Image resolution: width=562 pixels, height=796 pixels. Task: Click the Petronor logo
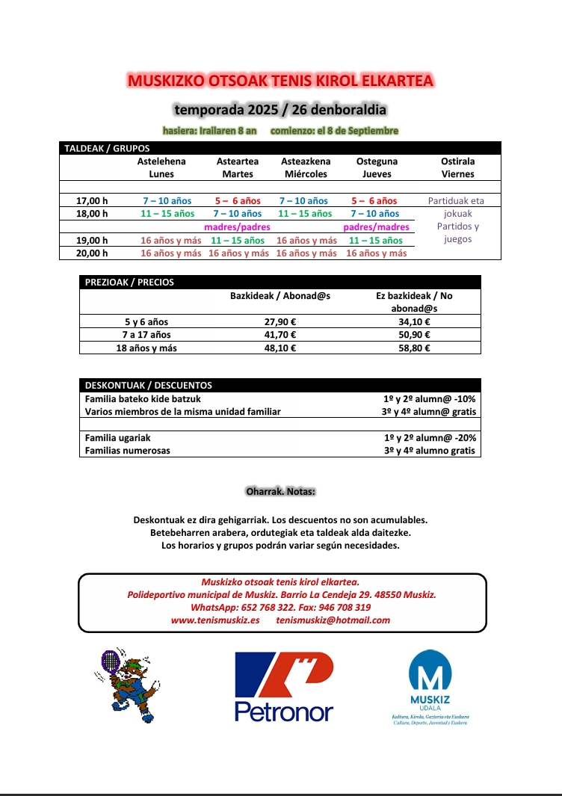pyautogui.click(x=284, y=686)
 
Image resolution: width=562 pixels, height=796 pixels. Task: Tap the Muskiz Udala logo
pyautogui.click(x=430, y=684)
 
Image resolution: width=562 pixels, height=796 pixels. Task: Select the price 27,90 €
pyautogui.click(x=280, y=322)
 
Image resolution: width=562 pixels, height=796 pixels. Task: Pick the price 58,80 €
pyautogui.click(x=414, y=348)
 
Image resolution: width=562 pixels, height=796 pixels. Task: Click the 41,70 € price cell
pyautogui.click(x=280, y=335)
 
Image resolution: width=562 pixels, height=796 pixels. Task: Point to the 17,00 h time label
pyautogui.click(x=93, y=201)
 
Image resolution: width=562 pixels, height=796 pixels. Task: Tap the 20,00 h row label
pyautogui.click(x=93, y=253)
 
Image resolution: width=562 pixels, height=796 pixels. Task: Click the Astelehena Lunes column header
pyautogui.click(x=161, y=167)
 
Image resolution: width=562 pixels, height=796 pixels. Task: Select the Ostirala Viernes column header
pyautogui.click(x=458, y=167)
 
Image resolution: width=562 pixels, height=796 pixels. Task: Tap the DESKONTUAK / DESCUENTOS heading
pyautogui.click(x=148, y=386)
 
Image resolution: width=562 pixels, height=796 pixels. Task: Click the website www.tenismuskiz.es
pyautogui.click(x=215, y=620)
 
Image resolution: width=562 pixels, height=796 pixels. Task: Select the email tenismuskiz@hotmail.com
pyautogui.click(x=333, y=620)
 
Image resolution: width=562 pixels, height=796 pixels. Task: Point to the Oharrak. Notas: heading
pyautogui.click(x=281, y=492)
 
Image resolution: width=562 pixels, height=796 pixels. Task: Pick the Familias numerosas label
pyautogui.click(x=128, y=451)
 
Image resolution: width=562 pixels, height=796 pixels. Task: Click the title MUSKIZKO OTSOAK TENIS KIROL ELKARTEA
pyautogui.click(x=280, y=81)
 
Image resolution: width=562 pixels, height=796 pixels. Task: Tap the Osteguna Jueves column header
pyautogui.click(x=377, y=167)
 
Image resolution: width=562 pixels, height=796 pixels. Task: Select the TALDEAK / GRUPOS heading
pyautogui.click(x=107, y=149)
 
